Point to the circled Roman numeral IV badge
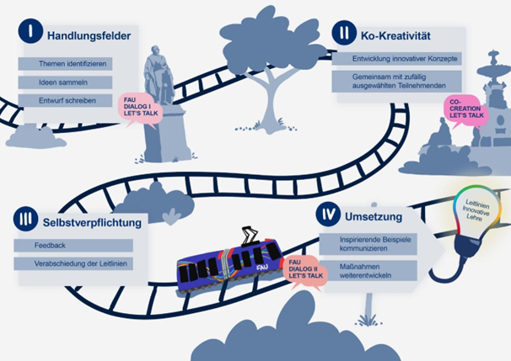327,215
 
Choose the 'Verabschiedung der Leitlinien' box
73,264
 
